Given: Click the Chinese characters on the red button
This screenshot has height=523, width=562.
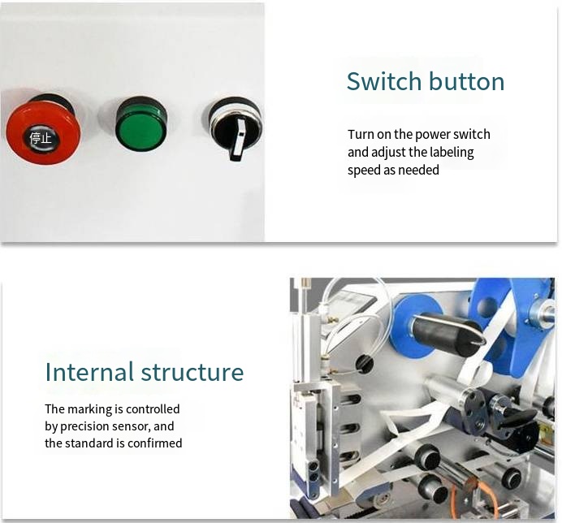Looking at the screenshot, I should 41,138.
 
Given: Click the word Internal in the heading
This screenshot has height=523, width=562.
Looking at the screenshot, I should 89,372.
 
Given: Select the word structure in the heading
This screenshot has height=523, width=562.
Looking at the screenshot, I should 192,372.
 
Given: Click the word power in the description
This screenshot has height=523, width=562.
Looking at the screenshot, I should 435,135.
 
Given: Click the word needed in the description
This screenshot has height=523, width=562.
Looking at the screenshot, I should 420,170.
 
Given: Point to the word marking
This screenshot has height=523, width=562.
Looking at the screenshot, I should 90,409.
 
